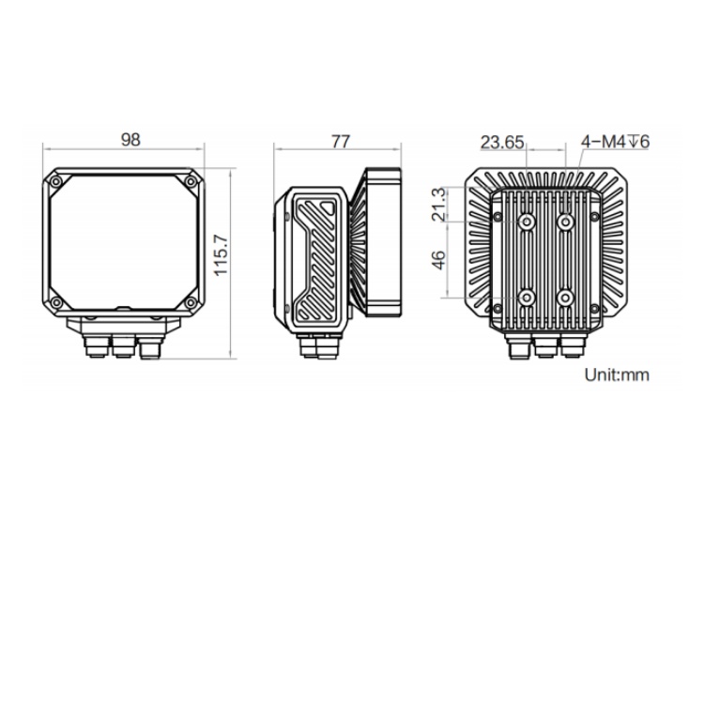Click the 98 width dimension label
130,140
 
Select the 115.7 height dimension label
221,254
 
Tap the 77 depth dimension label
341,142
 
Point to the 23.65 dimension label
502,143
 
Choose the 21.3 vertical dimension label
438,205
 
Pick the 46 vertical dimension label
438,260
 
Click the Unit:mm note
617,375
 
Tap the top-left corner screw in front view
56,181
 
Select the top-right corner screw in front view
191,181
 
